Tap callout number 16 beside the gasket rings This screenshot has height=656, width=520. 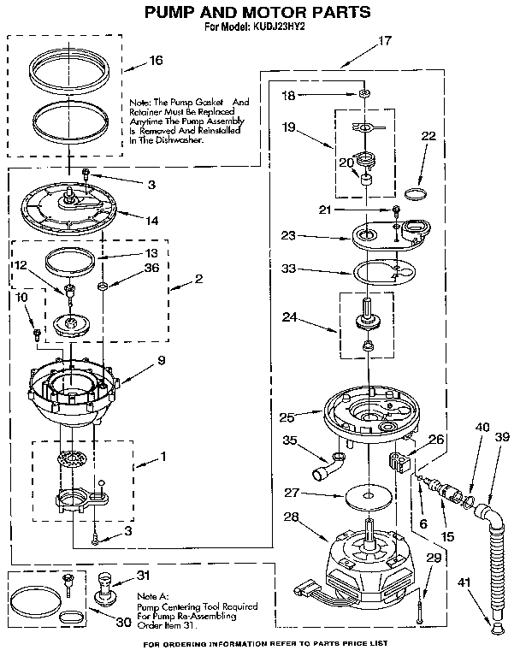(155, 61)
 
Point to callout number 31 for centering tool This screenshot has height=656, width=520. (143, 575)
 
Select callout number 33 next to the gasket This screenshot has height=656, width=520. (289, 268)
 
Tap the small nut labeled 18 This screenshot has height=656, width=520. (364, 92)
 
